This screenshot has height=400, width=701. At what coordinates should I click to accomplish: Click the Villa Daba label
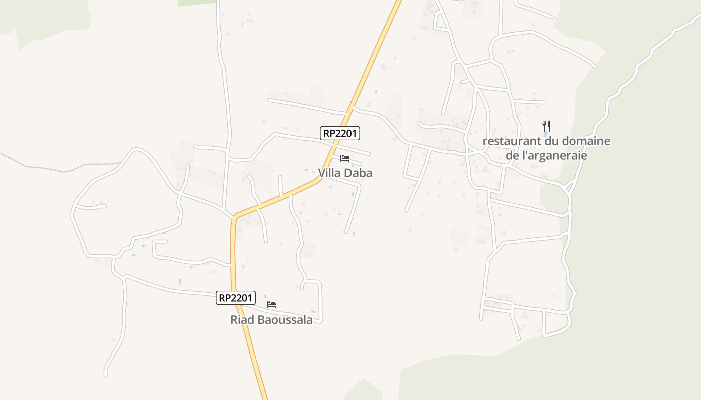coord(345,173)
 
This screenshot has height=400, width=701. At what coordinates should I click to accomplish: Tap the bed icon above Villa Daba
coord(344,158)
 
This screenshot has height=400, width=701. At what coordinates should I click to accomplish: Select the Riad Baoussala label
coord(271,320)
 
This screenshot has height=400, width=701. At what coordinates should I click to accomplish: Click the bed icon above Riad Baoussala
coord(271,304)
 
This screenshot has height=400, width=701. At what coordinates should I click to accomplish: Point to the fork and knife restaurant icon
coord(546,126)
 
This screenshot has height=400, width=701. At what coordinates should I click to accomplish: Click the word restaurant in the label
coord(510,141)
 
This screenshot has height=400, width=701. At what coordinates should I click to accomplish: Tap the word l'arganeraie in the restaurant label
coord(553,155)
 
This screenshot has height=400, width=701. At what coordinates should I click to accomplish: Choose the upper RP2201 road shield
coord(340,133)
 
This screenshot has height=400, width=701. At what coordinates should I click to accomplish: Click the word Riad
coord(242,320)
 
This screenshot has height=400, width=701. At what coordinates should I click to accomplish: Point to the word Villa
coord(330,173)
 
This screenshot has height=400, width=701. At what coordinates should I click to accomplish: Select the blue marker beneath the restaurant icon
coord(546,134)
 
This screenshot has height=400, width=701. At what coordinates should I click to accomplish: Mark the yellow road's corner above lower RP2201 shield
coord(234,218)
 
